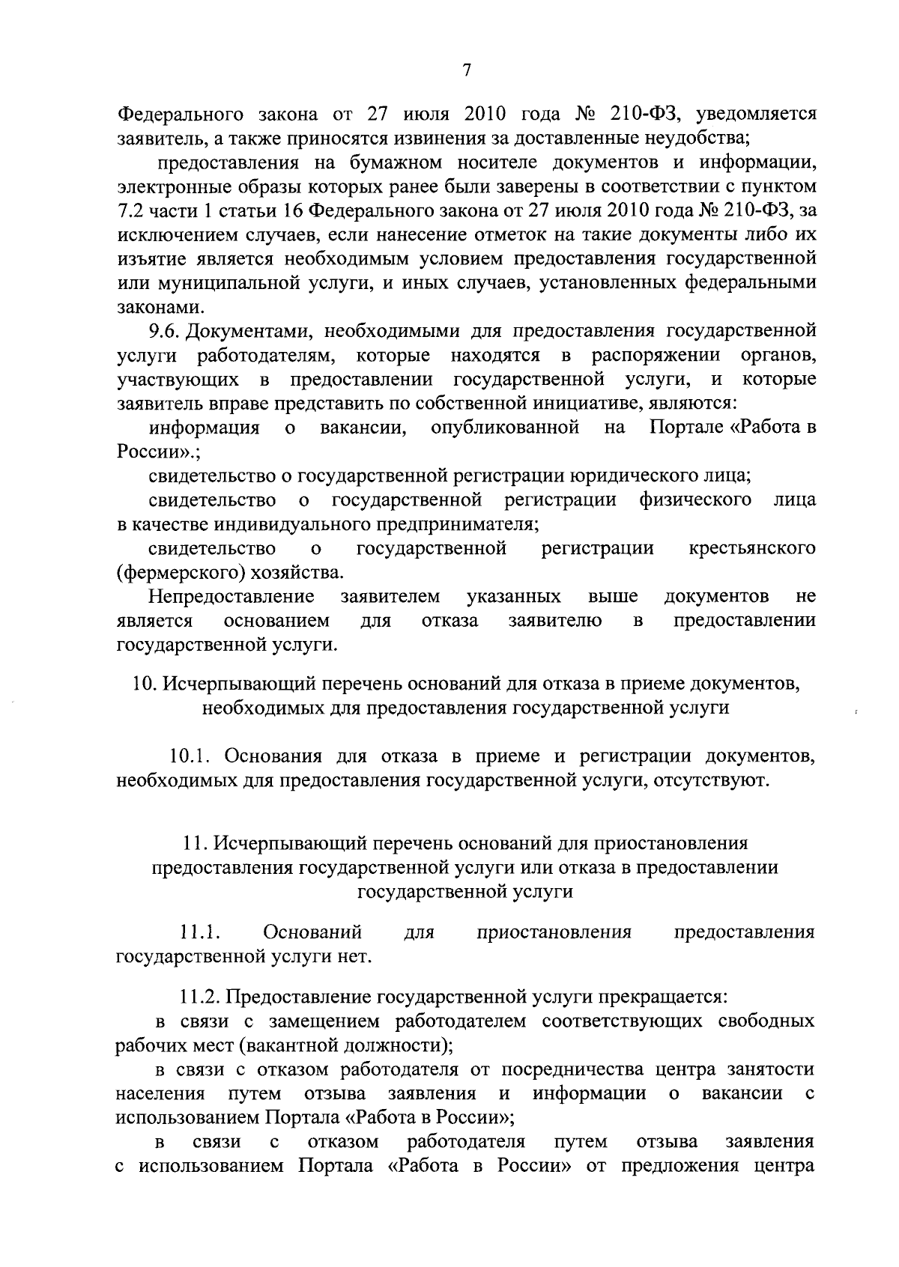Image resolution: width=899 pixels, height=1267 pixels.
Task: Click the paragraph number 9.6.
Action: [x=164, y=330]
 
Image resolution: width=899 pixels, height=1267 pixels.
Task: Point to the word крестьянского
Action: [x=752, y=549]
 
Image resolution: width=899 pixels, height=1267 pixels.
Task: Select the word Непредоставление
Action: [x=231, y=597]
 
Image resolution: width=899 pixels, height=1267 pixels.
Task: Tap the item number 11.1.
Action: [x=199, y=933]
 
